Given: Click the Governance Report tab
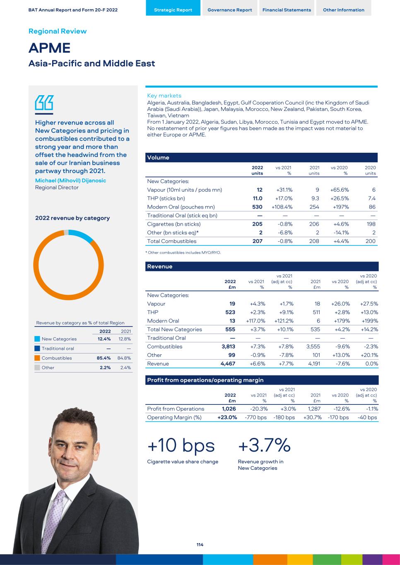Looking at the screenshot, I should (229, 10).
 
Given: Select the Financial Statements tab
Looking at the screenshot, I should (287, 10).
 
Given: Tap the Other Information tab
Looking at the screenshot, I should (343, 10).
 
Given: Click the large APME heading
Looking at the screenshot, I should (49, 48).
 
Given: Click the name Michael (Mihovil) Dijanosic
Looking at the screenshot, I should (70, 180).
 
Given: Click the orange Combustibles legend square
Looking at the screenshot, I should (37, 358).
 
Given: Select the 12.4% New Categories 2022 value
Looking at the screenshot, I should (104, 339).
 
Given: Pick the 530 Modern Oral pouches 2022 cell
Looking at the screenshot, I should (257, 207).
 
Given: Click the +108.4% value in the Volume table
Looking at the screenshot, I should (282, 207).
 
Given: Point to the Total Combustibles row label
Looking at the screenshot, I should (172, 241).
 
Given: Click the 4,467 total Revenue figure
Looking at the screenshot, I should (228, 364).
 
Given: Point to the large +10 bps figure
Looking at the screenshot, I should (181, 445).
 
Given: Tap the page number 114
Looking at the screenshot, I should (200, 545).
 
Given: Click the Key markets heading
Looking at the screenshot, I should (164, 96).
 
